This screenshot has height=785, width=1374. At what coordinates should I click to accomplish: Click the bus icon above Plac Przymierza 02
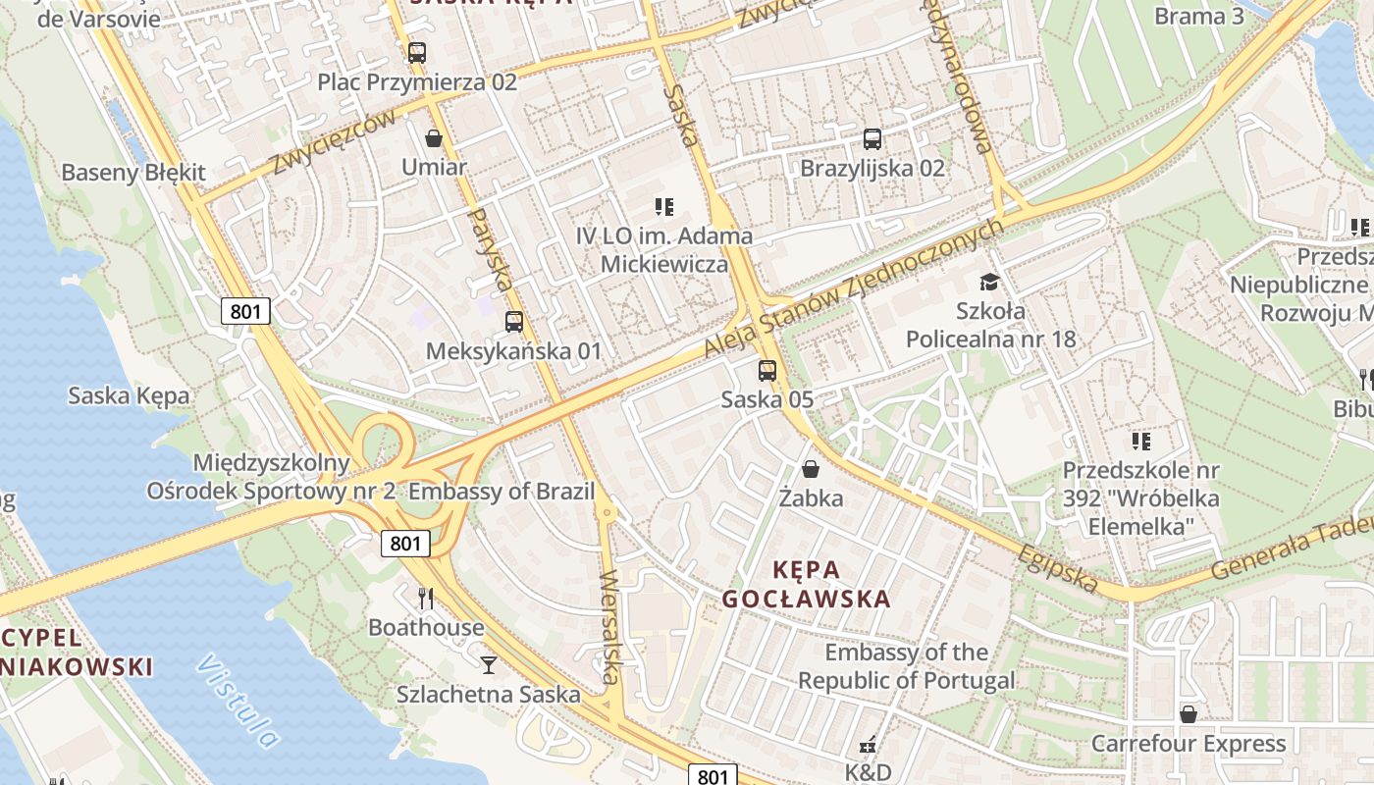point(417,52)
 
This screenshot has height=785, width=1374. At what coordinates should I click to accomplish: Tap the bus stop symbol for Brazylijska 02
point(872,139)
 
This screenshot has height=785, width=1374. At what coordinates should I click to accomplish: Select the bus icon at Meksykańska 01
point(513,322)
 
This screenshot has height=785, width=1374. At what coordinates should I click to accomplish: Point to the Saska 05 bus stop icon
point(766,371)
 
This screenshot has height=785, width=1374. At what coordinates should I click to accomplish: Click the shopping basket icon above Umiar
point(434,138)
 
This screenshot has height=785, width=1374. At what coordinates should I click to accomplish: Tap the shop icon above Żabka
point(811,469)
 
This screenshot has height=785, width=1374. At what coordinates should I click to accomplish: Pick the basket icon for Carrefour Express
point(1188,714)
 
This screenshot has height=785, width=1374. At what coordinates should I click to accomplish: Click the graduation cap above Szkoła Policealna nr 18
point(989,283)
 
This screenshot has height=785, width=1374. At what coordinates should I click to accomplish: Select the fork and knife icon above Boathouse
point(426,598)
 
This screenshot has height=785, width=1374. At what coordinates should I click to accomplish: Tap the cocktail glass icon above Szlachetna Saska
point(488,665)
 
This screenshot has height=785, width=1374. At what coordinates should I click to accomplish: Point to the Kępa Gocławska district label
point(805,584)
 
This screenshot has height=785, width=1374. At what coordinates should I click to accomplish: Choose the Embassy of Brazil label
point(502,492)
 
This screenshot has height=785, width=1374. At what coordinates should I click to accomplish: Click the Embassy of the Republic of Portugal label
point(906,666)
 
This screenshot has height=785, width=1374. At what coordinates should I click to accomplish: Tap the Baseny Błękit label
point(133,173)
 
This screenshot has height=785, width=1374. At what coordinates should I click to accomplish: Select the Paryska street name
point(490,249)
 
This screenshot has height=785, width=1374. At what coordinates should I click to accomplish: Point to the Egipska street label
point(1058,568)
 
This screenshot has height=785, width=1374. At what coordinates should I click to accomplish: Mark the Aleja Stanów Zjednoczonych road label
point(854,288)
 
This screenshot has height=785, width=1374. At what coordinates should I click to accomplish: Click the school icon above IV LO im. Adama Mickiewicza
point(664,206)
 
